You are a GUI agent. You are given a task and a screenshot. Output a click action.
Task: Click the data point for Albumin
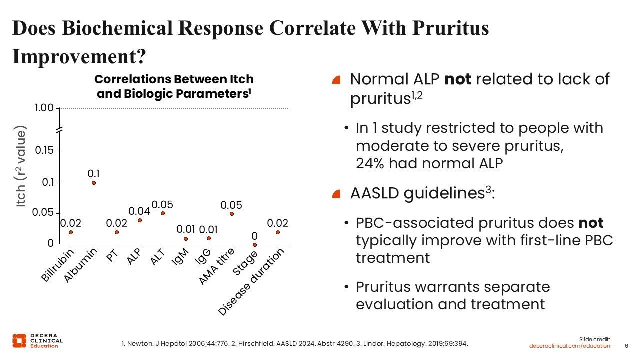(94, 183)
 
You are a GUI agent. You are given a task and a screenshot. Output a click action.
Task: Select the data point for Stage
(255, 245)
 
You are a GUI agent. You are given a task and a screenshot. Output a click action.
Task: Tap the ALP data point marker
(140, 220)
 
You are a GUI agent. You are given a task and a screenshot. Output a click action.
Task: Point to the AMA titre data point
(232, 214)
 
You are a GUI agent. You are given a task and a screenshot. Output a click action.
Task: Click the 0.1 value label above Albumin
(94, 173)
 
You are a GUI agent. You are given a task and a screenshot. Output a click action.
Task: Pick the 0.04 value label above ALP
(139, 211)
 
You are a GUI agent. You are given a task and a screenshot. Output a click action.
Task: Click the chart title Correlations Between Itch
(174, 79)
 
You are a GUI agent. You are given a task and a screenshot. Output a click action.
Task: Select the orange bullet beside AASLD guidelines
(336, 193)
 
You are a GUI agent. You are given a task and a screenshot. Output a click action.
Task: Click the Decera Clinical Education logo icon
(19, 340)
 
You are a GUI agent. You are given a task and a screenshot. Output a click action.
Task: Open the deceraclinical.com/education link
(570, 346)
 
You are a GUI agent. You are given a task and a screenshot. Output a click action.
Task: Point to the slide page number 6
(627, 346)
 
